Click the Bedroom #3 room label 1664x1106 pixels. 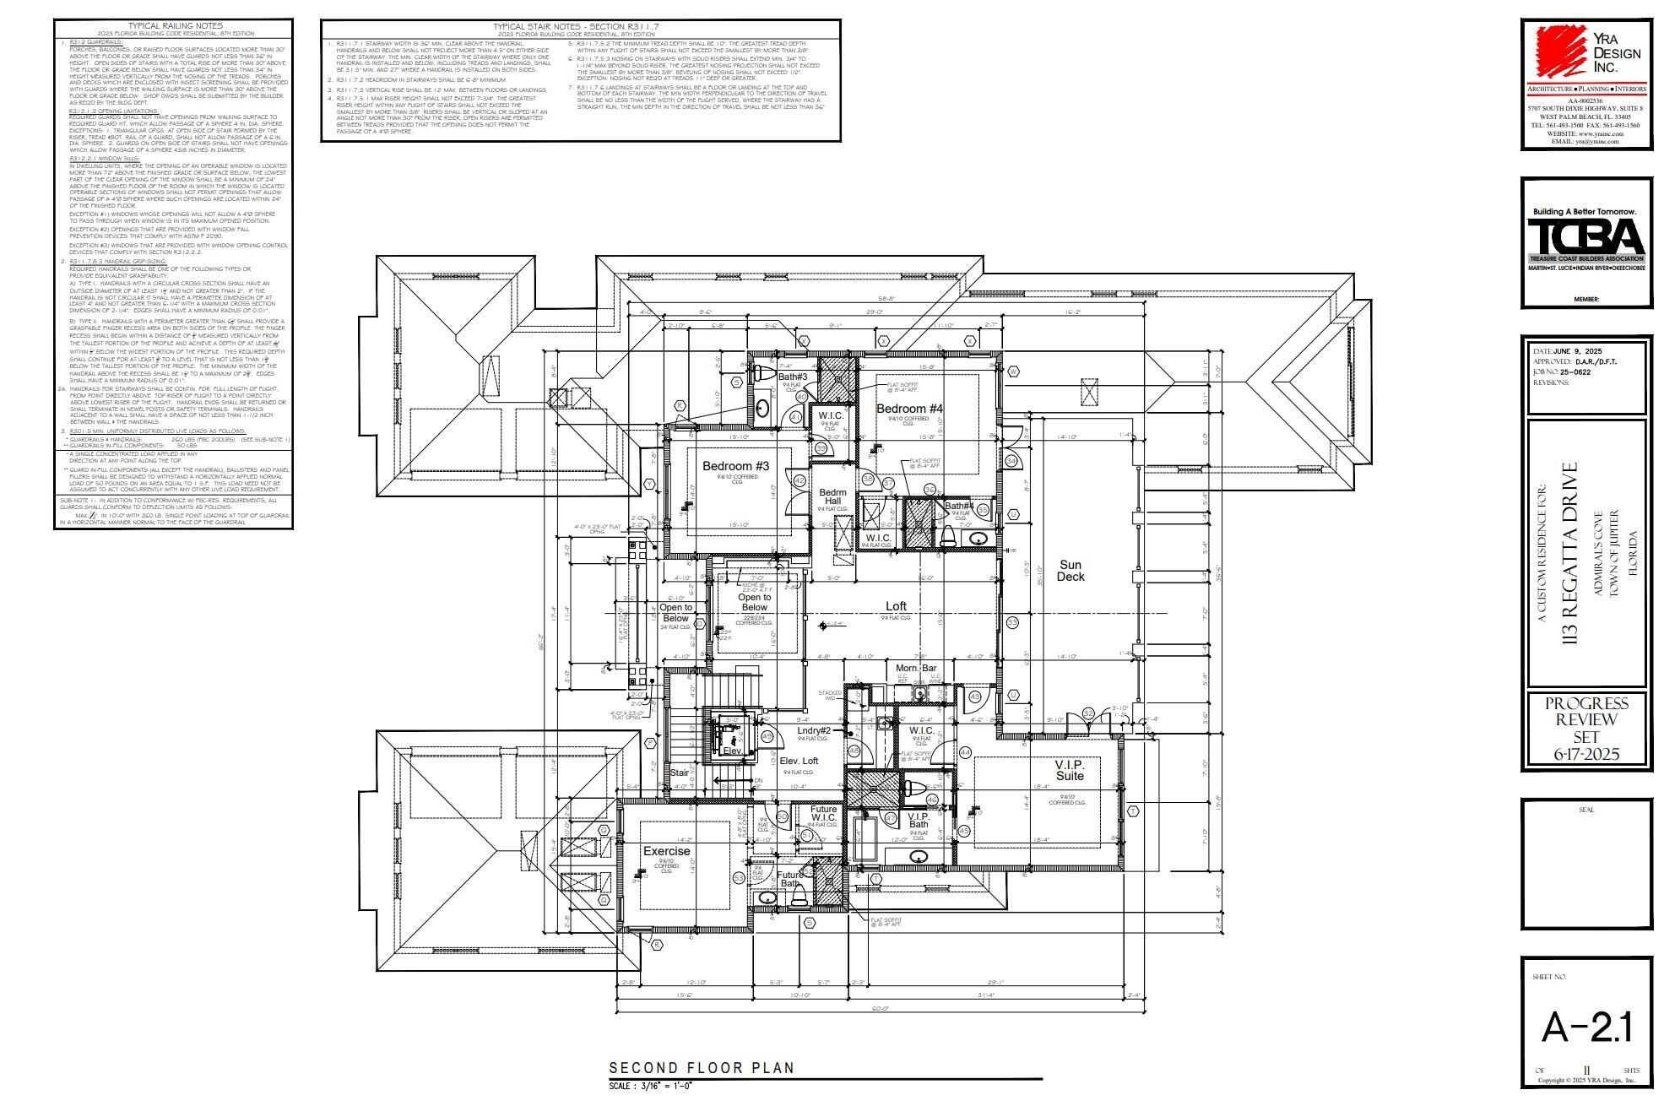pyautogui.click(x=735, y=466)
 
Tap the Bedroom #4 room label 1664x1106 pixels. pyautogui.click(x=909, y=409)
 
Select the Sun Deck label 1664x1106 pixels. pyautogui.click(x=1070, y=571)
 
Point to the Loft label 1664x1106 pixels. pyautogui.click(x=896, y=606)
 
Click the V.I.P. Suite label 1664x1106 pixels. pyautogui.click(x=1069, y=770)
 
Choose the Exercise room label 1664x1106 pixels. pyautogui.click(x=666, y=851)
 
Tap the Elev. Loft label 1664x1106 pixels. pyautogui.click(x=799, y=761)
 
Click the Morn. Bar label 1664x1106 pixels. pyautogui.click(x=916, y=668)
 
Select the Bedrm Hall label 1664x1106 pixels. pyautogui.click(x=832, y=496)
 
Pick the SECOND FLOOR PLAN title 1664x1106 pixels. pyautogui.click(x=702, y=1068)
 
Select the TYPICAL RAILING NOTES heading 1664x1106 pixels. pyautogui.click(x=175, y=26)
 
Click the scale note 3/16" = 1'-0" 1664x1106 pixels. pyautogui.click(x=651, y=1086)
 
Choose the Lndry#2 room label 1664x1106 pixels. pyautogui.click(x=814, y=730)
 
